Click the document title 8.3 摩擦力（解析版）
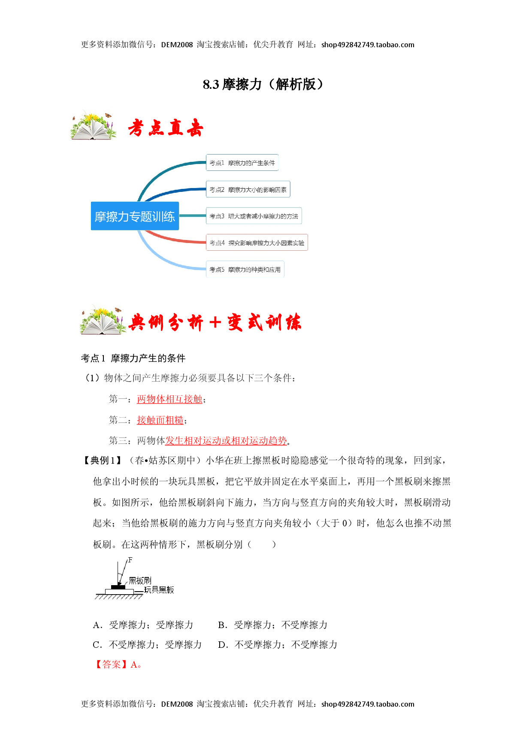[263, 84]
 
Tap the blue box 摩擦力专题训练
[135, 216]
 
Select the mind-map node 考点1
[242, 163]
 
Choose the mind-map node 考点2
[248, 189]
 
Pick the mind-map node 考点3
[254, 216]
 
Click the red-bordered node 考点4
[257, 243]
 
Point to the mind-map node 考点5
[245, 269]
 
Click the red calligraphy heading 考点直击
[165, 128]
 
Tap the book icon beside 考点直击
[94, 126]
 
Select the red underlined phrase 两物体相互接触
[169, 399]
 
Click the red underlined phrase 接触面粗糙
[160, 420]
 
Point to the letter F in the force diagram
[130, 560]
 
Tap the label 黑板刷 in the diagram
[140, 580]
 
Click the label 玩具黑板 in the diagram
[159, 590]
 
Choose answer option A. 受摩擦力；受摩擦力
[143, 625]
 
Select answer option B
[273, 625]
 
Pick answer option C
[147, 645]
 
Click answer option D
[278, 645]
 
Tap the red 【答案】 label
[111, 665]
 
